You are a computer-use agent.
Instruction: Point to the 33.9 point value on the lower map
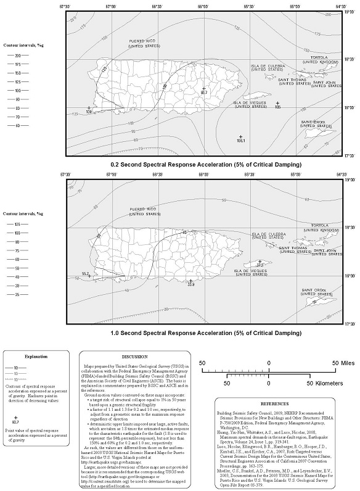click(x=191, y=284)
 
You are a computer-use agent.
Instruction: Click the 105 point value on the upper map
click(x=277, y=107)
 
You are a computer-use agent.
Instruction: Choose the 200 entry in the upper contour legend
click(x=17, y=55)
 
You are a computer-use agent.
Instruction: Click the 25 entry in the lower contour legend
click(x=17, y=294)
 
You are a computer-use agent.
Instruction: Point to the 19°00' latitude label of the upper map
click(x=348, y=11)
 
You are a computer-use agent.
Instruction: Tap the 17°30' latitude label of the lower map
click(x=348, y=323)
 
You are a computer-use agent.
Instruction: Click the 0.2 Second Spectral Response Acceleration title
click(x=197, y=165)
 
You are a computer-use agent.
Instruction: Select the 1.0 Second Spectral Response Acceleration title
click(x=197, y=332)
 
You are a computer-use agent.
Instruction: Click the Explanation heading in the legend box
click(x=36, y=356)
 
